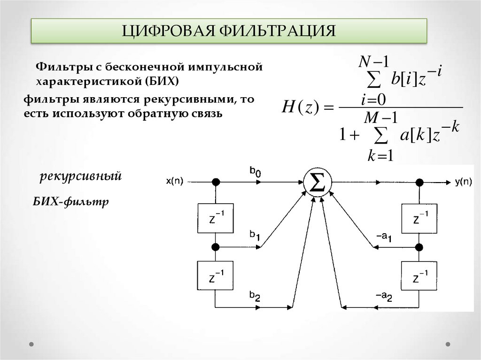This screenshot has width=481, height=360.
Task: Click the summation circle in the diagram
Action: coord(318,181)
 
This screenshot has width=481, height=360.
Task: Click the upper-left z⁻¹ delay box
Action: coord(216,218)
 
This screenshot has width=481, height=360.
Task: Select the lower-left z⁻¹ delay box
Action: coord(216,276)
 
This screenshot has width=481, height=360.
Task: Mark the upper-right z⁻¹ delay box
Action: coord(419,218)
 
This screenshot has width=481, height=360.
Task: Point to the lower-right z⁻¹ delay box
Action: coord(419,276)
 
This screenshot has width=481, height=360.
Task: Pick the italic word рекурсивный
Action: coord(81,177)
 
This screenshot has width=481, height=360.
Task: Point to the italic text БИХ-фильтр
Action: coord(71,202)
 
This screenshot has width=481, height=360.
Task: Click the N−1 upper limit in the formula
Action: coord(374,61)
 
